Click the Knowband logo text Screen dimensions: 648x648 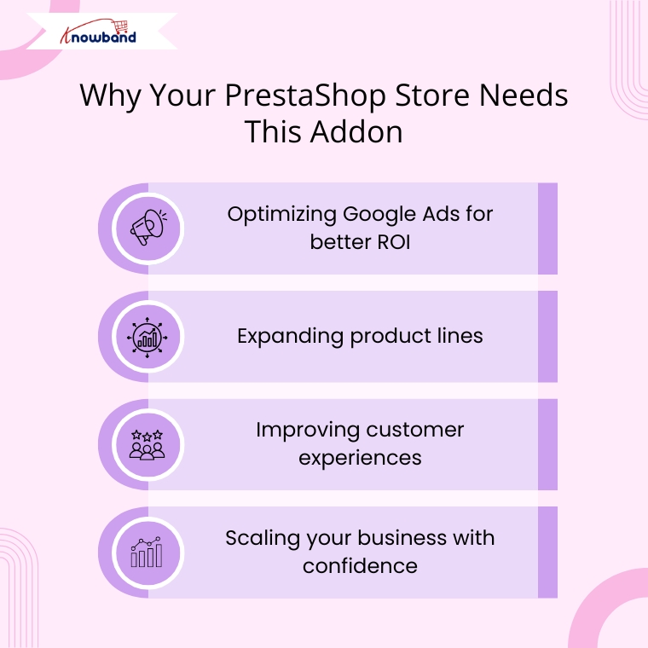click(x=98, y=33)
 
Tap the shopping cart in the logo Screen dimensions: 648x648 click(x=121, y=26)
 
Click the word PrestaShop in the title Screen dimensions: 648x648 click(x=305, y=96)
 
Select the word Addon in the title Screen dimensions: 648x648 click(x=356, y=131)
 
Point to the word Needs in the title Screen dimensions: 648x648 click(x=524, y=95)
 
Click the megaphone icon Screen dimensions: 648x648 click(x=148, y=227)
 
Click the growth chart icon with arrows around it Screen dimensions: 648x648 click(x=148, y=338)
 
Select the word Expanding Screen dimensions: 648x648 click(x=290, y=337)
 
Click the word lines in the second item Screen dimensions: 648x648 click(x=460, y=335)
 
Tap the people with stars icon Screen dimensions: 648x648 click(x=148, y=445)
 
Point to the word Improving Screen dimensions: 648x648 click(x=308, y=431)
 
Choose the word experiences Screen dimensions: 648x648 click(x=360, y=459)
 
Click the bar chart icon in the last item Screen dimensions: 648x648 click(x=147, y=552)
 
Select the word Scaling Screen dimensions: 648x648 click(x=263, y=539)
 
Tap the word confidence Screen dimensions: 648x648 click(x=360, y=565)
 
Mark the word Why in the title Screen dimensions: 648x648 click(x=110, y=96)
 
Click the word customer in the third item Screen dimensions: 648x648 click(x=415, y=430)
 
